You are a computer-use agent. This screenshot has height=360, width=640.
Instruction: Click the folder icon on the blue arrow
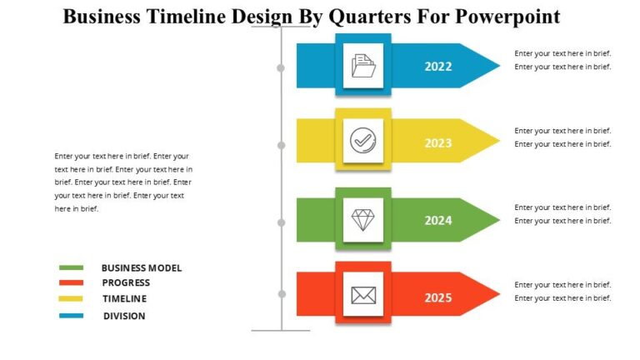pyautogui.click(x=363, y=66)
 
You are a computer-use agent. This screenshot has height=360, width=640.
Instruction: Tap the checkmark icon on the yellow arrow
pyautogui.click(x=363, y=140)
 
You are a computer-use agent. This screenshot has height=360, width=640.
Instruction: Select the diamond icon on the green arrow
pyautogui.click(x=363, y=220)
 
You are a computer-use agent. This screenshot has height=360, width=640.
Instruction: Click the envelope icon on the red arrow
pyautogui.click(x=363, y=295)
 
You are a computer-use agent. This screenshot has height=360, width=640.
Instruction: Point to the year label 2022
pyautogui.click(x=438, y=67)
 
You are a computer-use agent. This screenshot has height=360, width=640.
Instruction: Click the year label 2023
pyautogui.click(x=438, y=142)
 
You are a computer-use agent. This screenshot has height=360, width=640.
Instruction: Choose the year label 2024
pyautogui.click(x=438, y=221)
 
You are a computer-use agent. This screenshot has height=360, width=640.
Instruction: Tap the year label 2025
pyautogui.click(x=438, y=297)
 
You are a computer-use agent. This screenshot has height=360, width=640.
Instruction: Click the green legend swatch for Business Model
pyautogui.click(x=72, y=267)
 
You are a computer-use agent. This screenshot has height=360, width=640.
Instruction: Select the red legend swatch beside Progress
pyautogui.click(x=72, y=283)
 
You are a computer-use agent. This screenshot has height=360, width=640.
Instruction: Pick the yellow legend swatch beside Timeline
pyautogui.click(x=72, y=299)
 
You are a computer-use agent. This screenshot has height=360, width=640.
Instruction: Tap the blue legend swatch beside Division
pyautogui.click(x=72, y=316)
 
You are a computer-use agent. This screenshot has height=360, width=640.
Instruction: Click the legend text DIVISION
pyautogui.click(x=124, y=316)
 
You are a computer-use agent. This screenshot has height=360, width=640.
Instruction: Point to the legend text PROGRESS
pyautogui.click(x=126, y=283)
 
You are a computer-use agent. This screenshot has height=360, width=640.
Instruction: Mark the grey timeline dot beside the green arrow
pyautogui.click(x=282, y=222)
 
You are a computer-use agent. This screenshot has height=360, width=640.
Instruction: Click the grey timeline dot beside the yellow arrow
pyautogui.click(x=282, y=145)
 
